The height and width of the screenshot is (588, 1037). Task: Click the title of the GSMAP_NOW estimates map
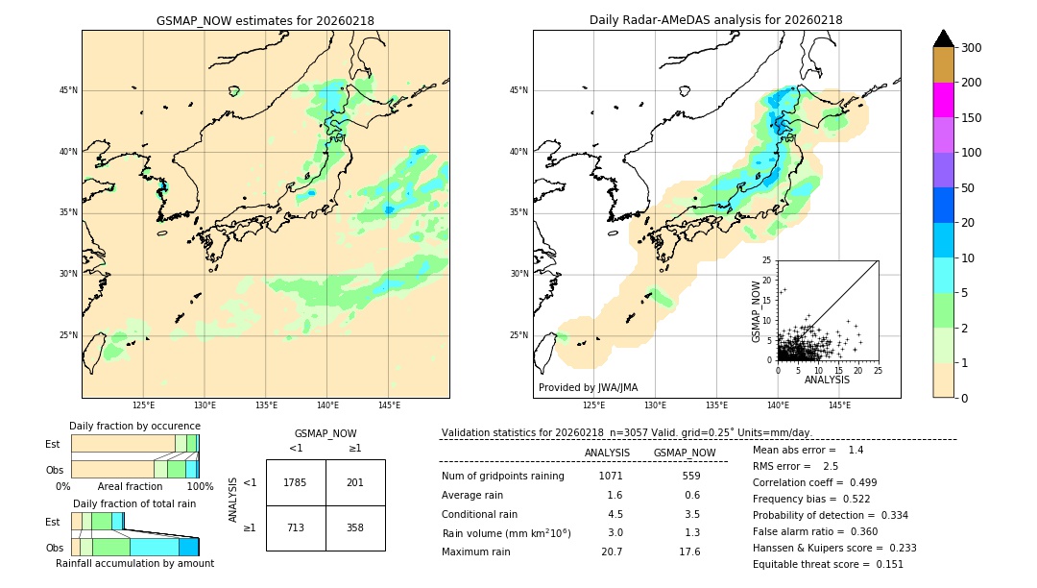coord(265,20)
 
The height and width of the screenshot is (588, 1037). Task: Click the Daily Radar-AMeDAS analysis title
coord(715,20)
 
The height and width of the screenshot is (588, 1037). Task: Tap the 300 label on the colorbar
coord(971,48)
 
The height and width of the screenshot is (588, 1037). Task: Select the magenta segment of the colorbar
coord(943,100)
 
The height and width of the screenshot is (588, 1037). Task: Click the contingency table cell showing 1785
coord(296,482)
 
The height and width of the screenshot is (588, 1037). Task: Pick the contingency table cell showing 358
coord(355,527)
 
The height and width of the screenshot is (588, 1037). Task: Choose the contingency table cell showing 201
coord(355,482)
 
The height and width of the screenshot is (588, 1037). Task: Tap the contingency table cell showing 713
coord(296,527)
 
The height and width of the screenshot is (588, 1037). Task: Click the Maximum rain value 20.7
coord(612,551)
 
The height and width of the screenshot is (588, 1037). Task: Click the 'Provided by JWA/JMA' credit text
coord(588,388)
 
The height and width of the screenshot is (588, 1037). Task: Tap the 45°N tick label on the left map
coord(68,90)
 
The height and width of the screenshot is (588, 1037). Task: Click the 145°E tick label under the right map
coord(839,405)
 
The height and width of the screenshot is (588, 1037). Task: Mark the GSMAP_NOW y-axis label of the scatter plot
coord(757,310)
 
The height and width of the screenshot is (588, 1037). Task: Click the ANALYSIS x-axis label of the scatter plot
coord(827,380)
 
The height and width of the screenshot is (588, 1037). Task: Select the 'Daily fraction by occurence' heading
coord(134,426)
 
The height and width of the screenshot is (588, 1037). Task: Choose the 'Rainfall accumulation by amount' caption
coord(143,563)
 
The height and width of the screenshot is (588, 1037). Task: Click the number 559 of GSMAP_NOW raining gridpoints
coord(684,476)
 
